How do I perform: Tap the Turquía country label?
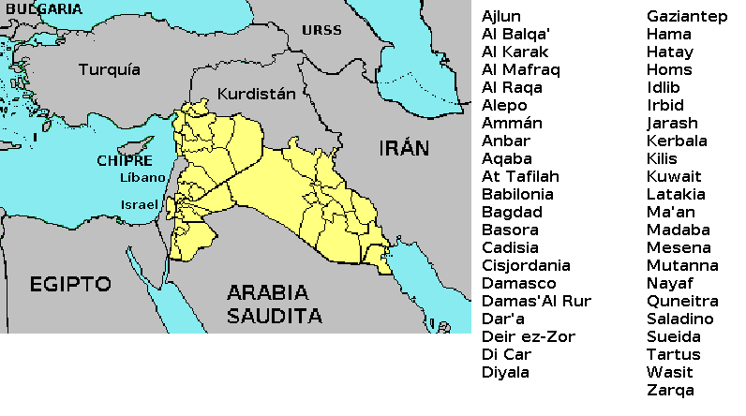click(x=110, y=69)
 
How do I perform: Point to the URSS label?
click(x=321, y=30)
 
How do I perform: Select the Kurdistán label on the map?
click(x=256, y=94)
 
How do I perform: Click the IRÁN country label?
click(x=404, y=147)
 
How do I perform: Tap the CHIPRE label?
click(x=124, y=160)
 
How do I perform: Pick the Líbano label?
click(x=142, y=177)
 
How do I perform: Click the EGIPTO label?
click(x=69, y=284)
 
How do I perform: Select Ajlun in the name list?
click(x=501, y=16)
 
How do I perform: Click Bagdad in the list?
click(x=512, y=212)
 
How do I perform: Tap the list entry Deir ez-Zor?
click(x=529, y=336)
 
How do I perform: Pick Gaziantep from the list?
click(x=687, y=16)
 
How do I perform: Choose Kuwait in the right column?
click(x=674, y=176)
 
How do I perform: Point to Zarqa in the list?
click(x=670, y=390)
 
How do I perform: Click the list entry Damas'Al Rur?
click(x=536, y=301)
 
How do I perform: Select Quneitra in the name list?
click(x=682, y=301)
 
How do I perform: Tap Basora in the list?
click(x=510, y=230)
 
